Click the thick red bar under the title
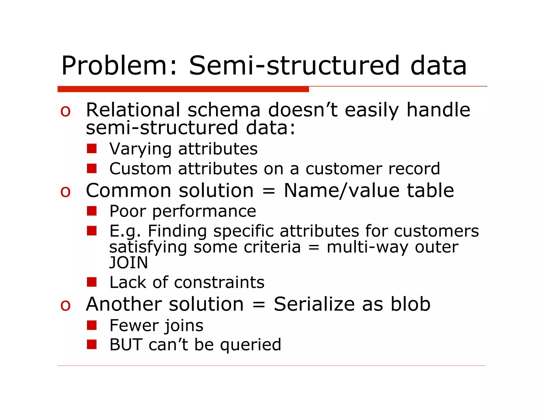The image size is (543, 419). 183,89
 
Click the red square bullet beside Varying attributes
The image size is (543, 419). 92,149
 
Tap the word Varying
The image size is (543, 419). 140,149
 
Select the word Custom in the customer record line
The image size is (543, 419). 140,169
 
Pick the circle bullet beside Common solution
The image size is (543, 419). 65,191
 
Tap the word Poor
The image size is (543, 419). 128,211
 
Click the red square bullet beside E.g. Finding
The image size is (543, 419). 92,231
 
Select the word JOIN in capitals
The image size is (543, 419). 129,263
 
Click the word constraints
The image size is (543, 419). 219,282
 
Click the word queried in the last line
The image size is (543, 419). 251,345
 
